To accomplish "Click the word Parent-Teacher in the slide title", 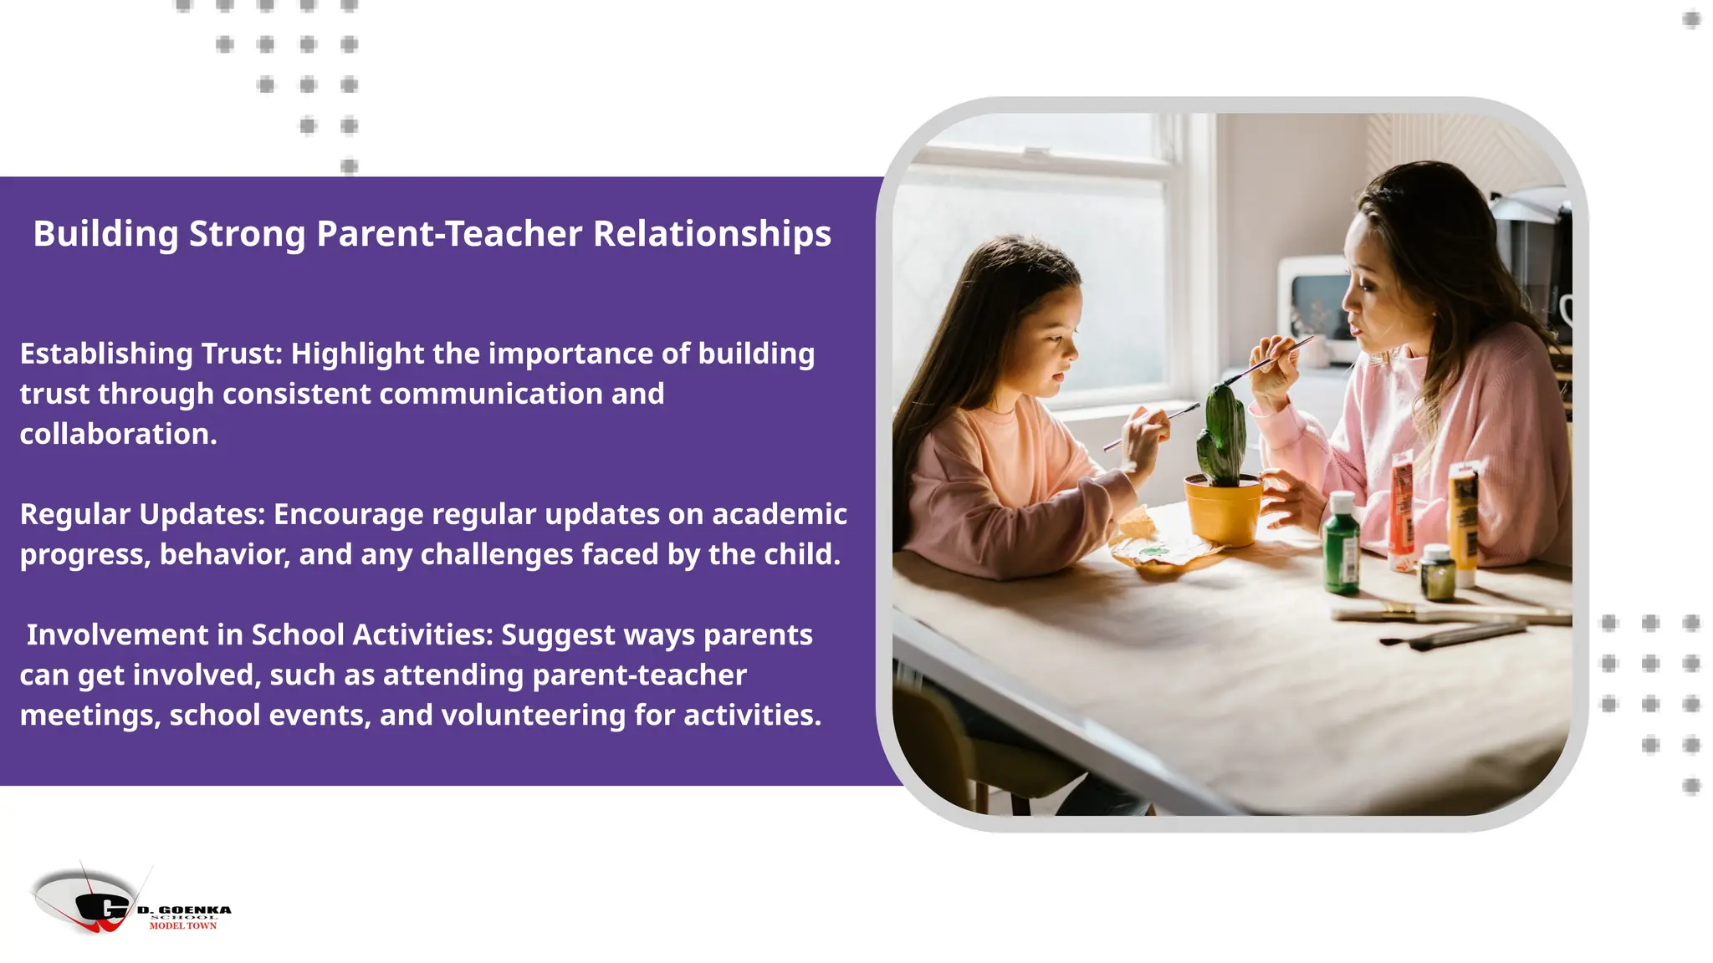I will (x=449, y=234).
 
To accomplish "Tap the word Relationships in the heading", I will (x=712, y=234).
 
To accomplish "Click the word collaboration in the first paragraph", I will (x=116, y=435).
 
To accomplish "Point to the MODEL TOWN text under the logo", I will (x=183, y=926).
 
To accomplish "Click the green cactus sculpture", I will (x=1221, y=435).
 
